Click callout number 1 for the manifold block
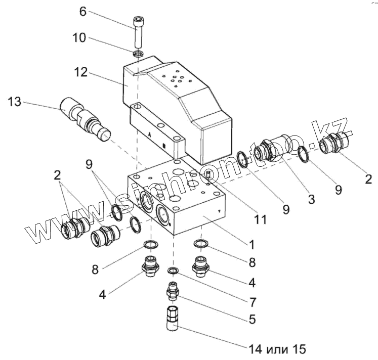click(x=250, y=243)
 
